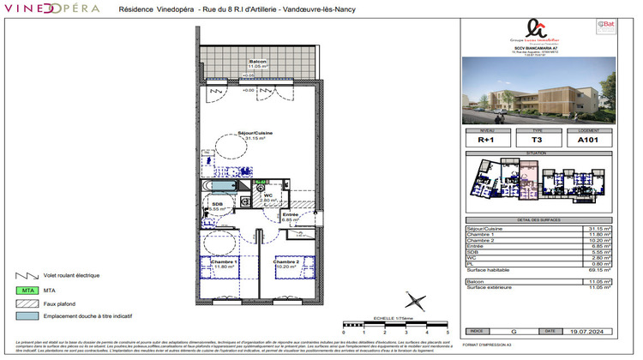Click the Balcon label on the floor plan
point(257,63)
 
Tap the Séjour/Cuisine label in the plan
point(257,133)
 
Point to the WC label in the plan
point(268,195)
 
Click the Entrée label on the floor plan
point(290,214)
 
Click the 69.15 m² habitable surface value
point(600,270)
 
